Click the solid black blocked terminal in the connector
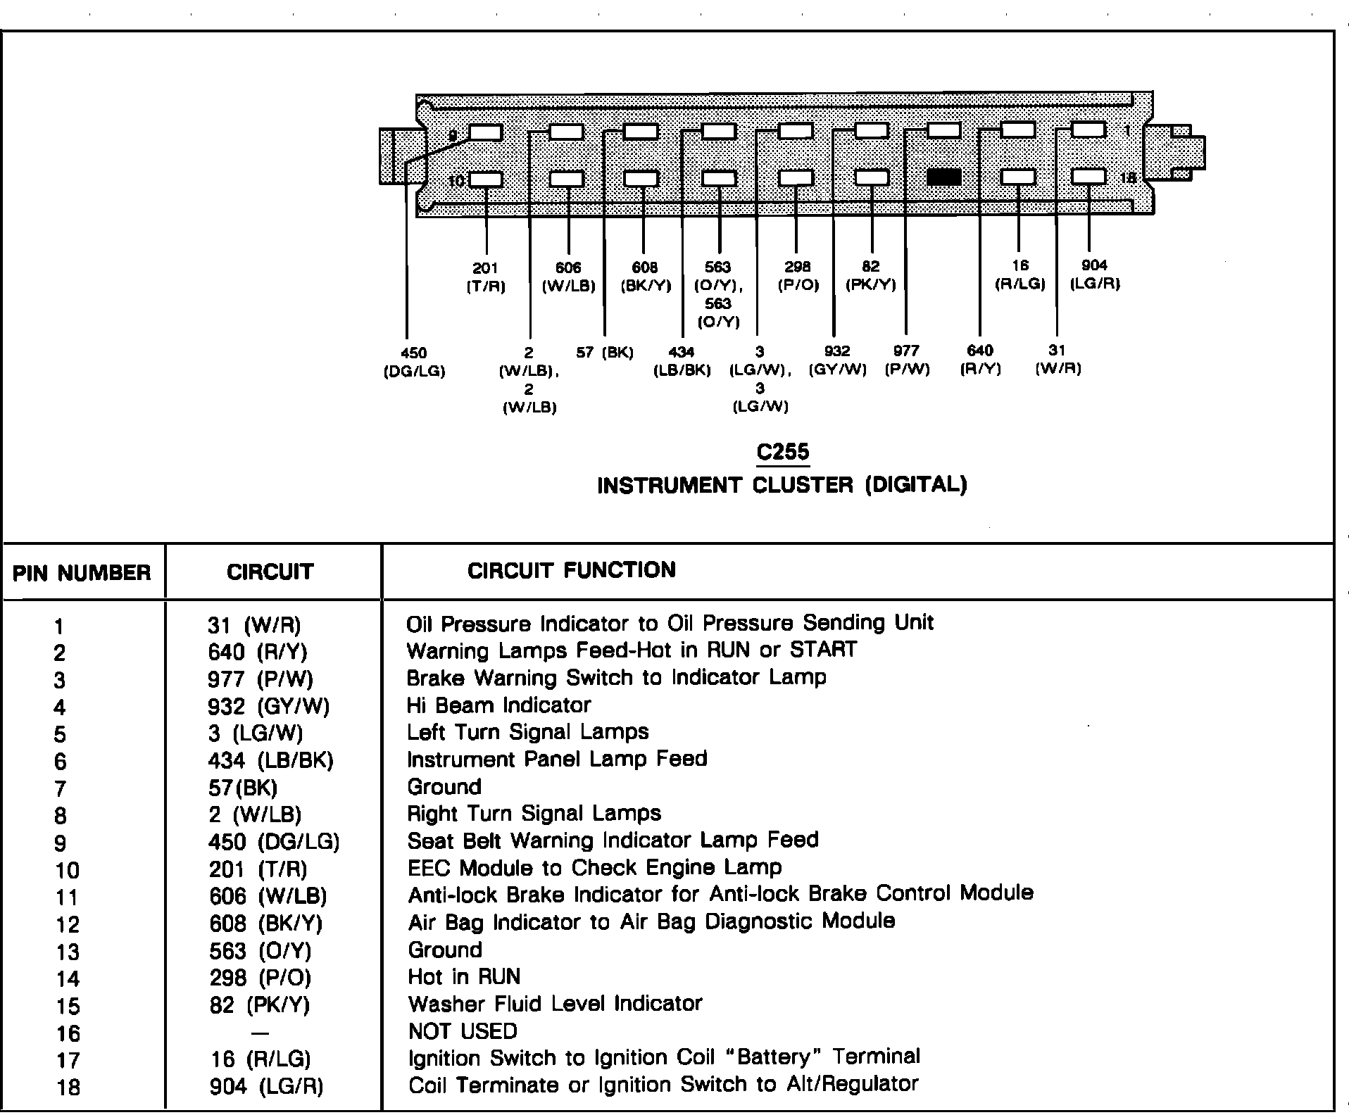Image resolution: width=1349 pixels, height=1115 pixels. pyautogui.click(x=943, y=177)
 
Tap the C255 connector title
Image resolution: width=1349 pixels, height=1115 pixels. pyautogui.click(x=782, y=452)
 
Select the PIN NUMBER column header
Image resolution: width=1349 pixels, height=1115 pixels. pyautogui.click(x=82, y=573)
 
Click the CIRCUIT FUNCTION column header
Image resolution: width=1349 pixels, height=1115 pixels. pyautogui.click(x=571, y=570)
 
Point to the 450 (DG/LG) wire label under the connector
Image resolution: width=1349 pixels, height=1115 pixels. pyautogui.click(x=414, y=362)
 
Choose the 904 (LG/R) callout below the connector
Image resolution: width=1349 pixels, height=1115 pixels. pyautogui.click(x=1094, y=275)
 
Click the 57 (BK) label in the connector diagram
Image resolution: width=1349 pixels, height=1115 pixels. pyautogui.click(x=605, y=353)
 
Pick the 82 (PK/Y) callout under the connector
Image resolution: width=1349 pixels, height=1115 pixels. pyautogui.click(x=870, y=276)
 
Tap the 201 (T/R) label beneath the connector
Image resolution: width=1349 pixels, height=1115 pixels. pyautogui.click(x=486, y=277)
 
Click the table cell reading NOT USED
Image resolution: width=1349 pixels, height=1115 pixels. pyautogui.click(x=463, y=1031)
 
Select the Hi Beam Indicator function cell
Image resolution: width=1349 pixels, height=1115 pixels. pyautogui.click(x=498, y=705)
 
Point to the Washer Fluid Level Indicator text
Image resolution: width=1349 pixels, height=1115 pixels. pyautogui.click(x=555, y=1004)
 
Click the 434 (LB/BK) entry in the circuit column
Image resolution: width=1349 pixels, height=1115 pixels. pyautogui.click(x=270, y=760)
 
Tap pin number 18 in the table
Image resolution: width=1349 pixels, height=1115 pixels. pyautogui.click(x=68, y=1088)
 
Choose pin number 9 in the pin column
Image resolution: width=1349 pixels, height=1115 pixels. pyautogui.click(x=60, y=843)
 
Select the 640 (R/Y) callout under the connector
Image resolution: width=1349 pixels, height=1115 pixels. pyautogui.click(x=980, y=360)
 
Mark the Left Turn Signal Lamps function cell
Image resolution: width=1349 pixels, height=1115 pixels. pyautogui.click(x=527, y=732)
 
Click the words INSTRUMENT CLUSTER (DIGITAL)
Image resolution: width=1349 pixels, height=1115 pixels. pyautogui.click(x=782, y=485)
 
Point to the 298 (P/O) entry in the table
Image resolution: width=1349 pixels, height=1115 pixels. pyautogui.click(x=260, y=978)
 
